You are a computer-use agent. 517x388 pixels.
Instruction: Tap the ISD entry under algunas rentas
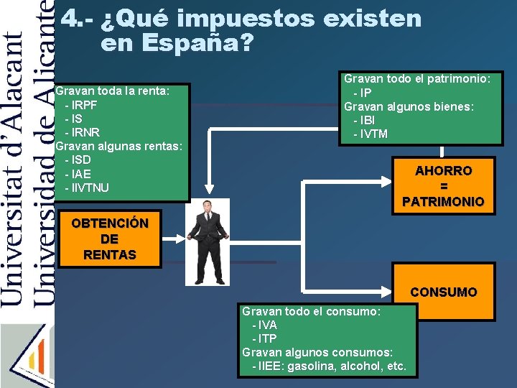81,160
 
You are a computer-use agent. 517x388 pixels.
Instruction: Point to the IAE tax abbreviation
81,174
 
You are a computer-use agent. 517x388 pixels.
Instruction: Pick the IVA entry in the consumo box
267,325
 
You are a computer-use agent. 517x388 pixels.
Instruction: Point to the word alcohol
365,366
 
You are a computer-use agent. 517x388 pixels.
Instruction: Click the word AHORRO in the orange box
444,171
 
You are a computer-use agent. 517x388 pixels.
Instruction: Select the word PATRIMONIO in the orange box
443,202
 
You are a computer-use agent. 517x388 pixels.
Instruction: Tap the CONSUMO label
443,292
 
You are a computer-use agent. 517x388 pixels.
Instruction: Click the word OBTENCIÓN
110,223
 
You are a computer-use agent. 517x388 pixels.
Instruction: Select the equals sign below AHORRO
444,187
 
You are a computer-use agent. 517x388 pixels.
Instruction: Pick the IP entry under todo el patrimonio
365,93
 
